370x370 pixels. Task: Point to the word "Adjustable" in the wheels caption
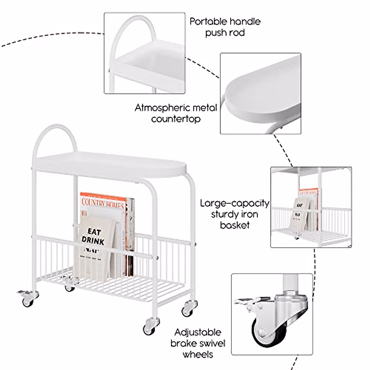pos(198,332)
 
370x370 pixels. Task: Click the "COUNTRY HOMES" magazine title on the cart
pos(103,203)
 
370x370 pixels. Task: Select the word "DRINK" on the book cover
pos(92,241)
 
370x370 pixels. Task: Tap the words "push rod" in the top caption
pos(225,32)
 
